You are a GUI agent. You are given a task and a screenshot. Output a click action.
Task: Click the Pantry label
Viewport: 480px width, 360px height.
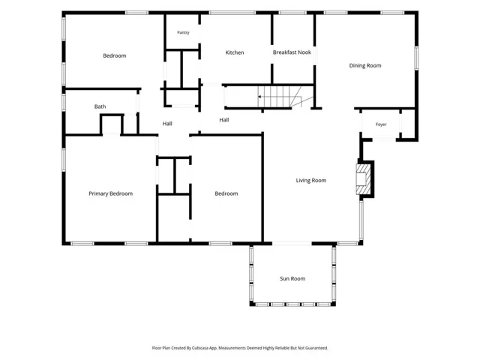(183, 32)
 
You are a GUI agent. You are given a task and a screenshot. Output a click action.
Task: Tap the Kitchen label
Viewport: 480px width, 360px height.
(235, 52)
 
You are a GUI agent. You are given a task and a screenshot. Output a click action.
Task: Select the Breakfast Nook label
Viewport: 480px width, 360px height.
(292, 52)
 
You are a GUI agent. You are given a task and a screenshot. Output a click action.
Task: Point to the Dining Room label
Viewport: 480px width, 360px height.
(365, 65)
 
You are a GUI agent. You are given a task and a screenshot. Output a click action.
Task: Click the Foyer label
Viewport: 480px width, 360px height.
(381, 124)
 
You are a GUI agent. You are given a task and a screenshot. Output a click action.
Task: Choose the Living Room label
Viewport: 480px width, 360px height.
(311, 180)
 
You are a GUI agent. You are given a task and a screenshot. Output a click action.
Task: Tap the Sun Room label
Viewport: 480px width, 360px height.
(292, 278)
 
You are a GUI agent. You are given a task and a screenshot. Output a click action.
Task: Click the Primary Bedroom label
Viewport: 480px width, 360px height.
(110, 193)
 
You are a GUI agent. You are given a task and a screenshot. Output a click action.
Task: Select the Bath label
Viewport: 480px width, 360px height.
(100, 106)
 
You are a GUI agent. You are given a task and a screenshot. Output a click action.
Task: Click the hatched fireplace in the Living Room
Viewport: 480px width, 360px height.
(364, 179)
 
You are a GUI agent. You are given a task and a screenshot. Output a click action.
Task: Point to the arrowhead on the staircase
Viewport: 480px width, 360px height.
(259, 97)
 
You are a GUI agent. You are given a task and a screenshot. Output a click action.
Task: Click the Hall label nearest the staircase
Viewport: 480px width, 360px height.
(223, 120)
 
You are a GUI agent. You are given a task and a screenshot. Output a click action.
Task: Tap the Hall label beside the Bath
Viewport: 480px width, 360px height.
(167, 124)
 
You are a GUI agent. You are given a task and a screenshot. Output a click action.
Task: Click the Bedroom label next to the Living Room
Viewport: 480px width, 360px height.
(226, 193)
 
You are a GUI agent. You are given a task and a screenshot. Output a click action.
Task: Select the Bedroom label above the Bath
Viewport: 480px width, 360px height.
(115, 55)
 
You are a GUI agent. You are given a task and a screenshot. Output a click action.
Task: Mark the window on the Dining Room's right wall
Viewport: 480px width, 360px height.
(416, 58)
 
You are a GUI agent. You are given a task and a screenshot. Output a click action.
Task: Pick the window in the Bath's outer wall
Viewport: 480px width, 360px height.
(64, 103)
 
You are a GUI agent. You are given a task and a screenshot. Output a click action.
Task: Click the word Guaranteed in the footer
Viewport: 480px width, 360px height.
(318, 348)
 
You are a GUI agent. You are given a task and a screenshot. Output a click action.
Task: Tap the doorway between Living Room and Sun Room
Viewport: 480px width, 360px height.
(292, 244)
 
